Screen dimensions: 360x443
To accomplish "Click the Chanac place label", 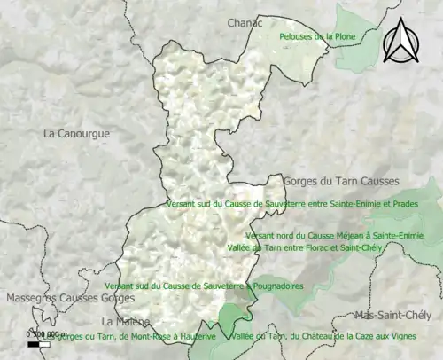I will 245,22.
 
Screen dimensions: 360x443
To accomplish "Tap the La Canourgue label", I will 76,134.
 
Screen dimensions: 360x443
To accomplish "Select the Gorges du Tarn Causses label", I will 341,181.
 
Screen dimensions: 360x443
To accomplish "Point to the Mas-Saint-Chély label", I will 391,316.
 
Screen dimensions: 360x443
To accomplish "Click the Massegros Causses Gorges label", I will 62,299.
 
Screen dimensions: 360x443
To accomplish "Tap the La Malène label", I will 125,321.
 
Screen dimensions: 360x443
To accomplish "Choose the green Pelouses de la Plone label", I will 318,36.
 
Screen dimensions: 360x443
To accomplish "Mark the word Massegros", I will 30,299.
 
